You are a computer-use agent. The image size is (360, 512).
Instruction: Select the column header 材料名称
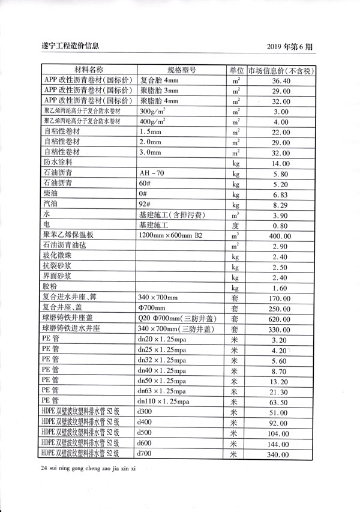(x=89, y=69)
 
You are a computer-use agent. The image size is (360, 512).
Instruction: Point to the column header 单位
(x=235, y=69)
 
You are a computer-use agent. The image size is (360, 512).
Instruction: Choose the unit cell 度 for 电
(x=235, y=226)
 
